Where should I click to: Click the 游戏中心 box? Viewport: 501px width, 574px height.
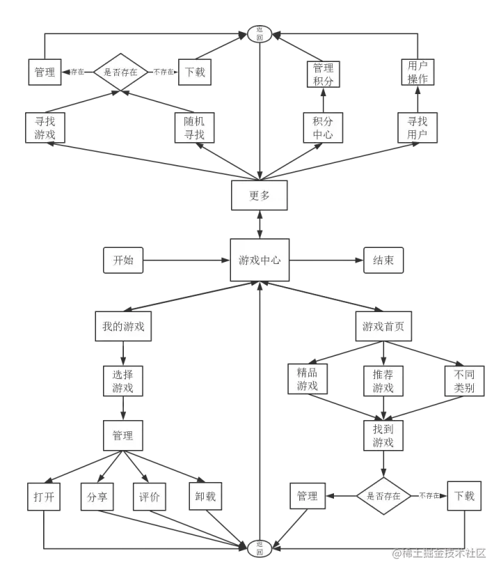260,261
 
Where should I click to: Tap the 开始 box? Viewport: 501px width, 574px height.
122,261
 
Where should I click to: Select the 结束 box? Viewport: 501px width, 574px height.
383,261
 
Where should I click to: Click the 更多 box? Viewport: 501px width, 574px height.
260,196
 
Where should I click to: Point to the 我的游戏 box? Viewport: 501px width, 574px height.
123,326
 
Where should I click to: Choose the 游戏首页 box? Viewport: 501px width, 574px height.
383,326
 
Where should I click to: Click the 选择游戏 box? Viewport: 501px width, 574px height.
122,380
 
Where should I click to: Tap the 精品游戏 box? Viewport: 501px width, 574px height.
308,379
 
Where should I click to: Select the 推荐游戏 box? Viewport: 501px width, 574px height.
383,380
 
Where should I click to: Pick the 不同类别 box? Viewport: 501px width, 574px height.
464,380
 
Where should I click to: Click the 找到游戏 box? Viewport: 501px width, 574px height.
383,435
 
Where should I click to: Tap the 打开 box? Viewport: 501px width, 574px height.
43,497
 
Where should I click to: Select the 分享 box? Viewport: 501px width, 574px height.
97,497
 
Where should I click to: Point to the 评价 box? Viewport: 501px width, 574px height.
150,497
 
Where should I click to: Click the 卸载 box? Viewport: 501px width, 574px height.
205,496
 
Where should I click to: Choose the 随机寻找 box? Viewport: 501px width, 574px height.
194,127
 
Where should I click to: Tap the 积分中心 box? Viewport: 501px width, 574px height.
323,127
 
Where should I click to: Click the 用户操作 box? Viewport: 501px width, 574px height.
417,72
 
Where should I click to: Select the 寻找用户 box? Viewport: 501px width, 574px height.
417,127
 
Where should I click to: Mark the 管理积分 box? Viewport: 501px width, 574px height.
323,75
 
